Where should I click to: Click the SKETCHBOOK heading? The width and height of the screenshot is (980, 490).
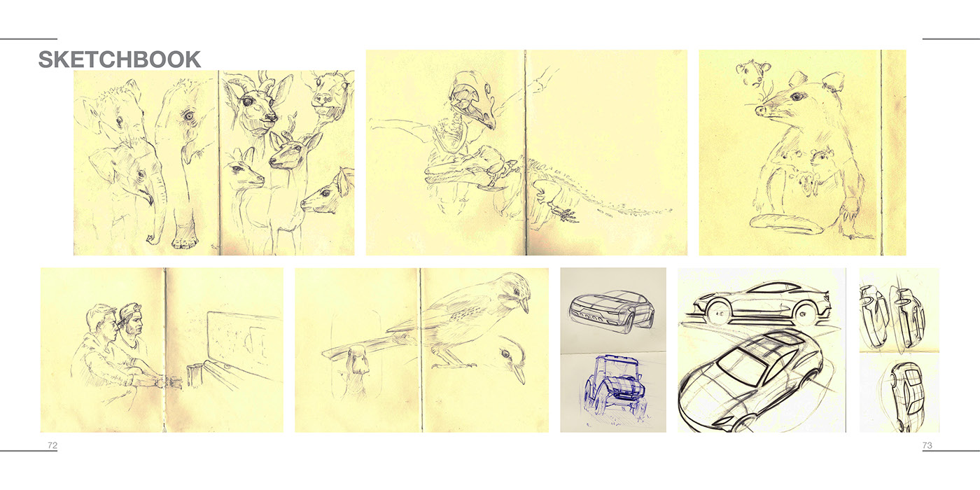pos(120,59)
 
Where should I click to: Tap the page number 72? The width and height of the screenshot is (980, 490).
pos(52,445)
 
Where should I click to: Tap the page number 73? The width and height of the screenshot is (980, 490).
pos(927,445)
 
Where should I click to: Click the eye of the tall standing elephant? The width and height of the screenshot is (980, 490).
pos(188,115)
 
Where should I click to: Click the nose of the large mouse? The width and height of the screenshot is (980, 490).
pos(759,111)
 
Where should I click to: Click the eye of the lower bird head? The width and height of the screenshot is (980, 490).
pos(506,353)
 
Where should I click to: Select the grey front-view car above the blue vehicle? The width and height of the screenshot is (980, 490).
pos(612,309)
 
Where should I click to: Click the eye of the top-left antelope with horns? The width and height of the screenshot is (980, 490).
pos(248,102)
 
